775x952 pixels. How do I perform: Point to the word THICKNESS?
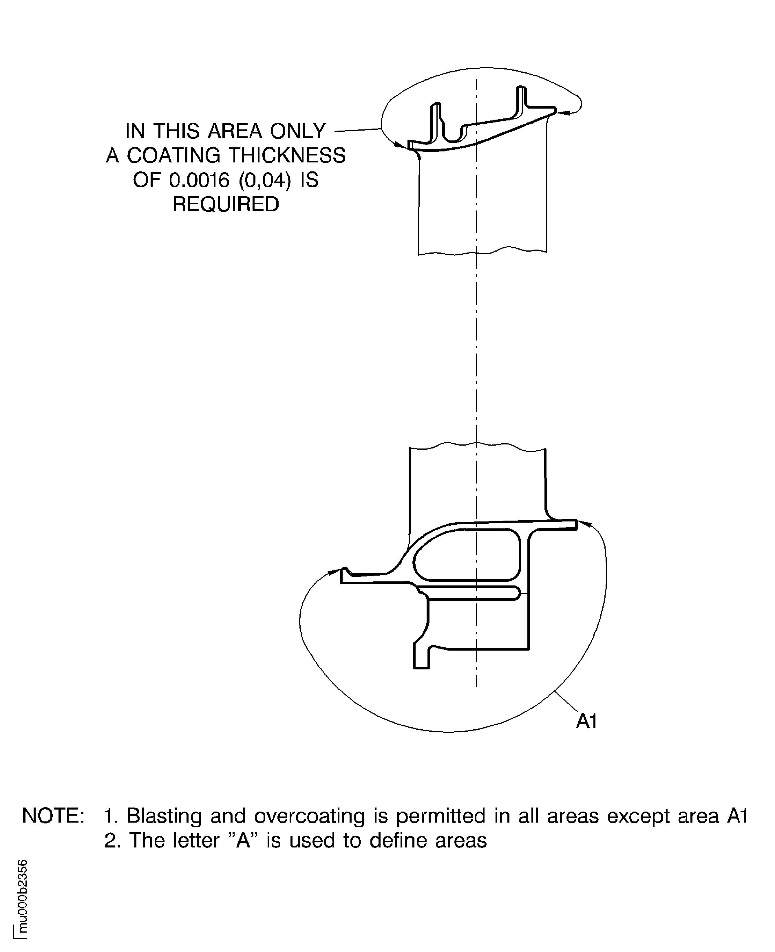pos(288,155)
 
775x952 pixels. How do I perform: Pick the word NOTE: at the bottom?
pos(53,815)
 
